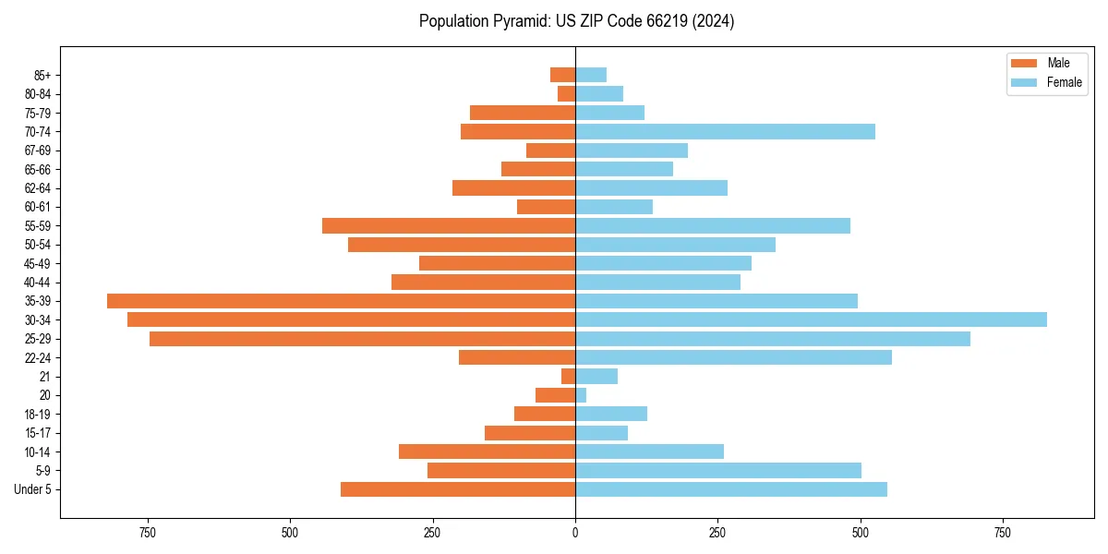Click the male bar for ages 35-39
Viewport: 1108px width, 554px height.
(341, 301)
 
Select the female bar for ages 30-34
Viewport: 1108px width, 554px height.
(811, 319)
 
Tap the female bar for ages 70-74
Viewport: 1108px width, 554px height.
(725, 132)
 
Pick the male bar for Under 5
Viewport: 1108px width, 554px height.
(458, 489)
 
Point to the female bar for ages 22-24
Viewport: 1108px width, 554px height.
(733, 357)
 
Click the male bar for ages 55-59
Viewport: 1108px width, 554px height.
(449, 226)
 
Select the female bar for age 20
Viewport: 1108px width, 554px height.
(581, 395)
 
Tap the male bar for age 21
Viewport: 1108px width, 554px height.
(568, 377)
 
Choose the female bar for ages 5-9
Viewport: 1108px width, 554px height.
(718, 471)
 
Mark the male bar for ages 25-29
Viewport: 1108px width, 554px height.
(362, 339)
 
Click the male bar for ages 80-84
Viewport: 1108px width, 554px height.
(566, 94)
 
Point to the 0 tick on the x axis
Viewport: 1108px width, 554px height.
(575, 533)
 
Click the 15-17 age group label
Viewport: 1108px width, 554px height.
(38, 433)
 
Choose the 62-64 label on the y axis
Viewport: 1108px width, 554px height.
(38, 188)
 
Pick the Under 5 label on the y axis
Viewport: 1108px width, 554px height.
(33, 489)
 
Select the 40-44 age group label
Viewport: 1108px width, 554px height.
(38, 283)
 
